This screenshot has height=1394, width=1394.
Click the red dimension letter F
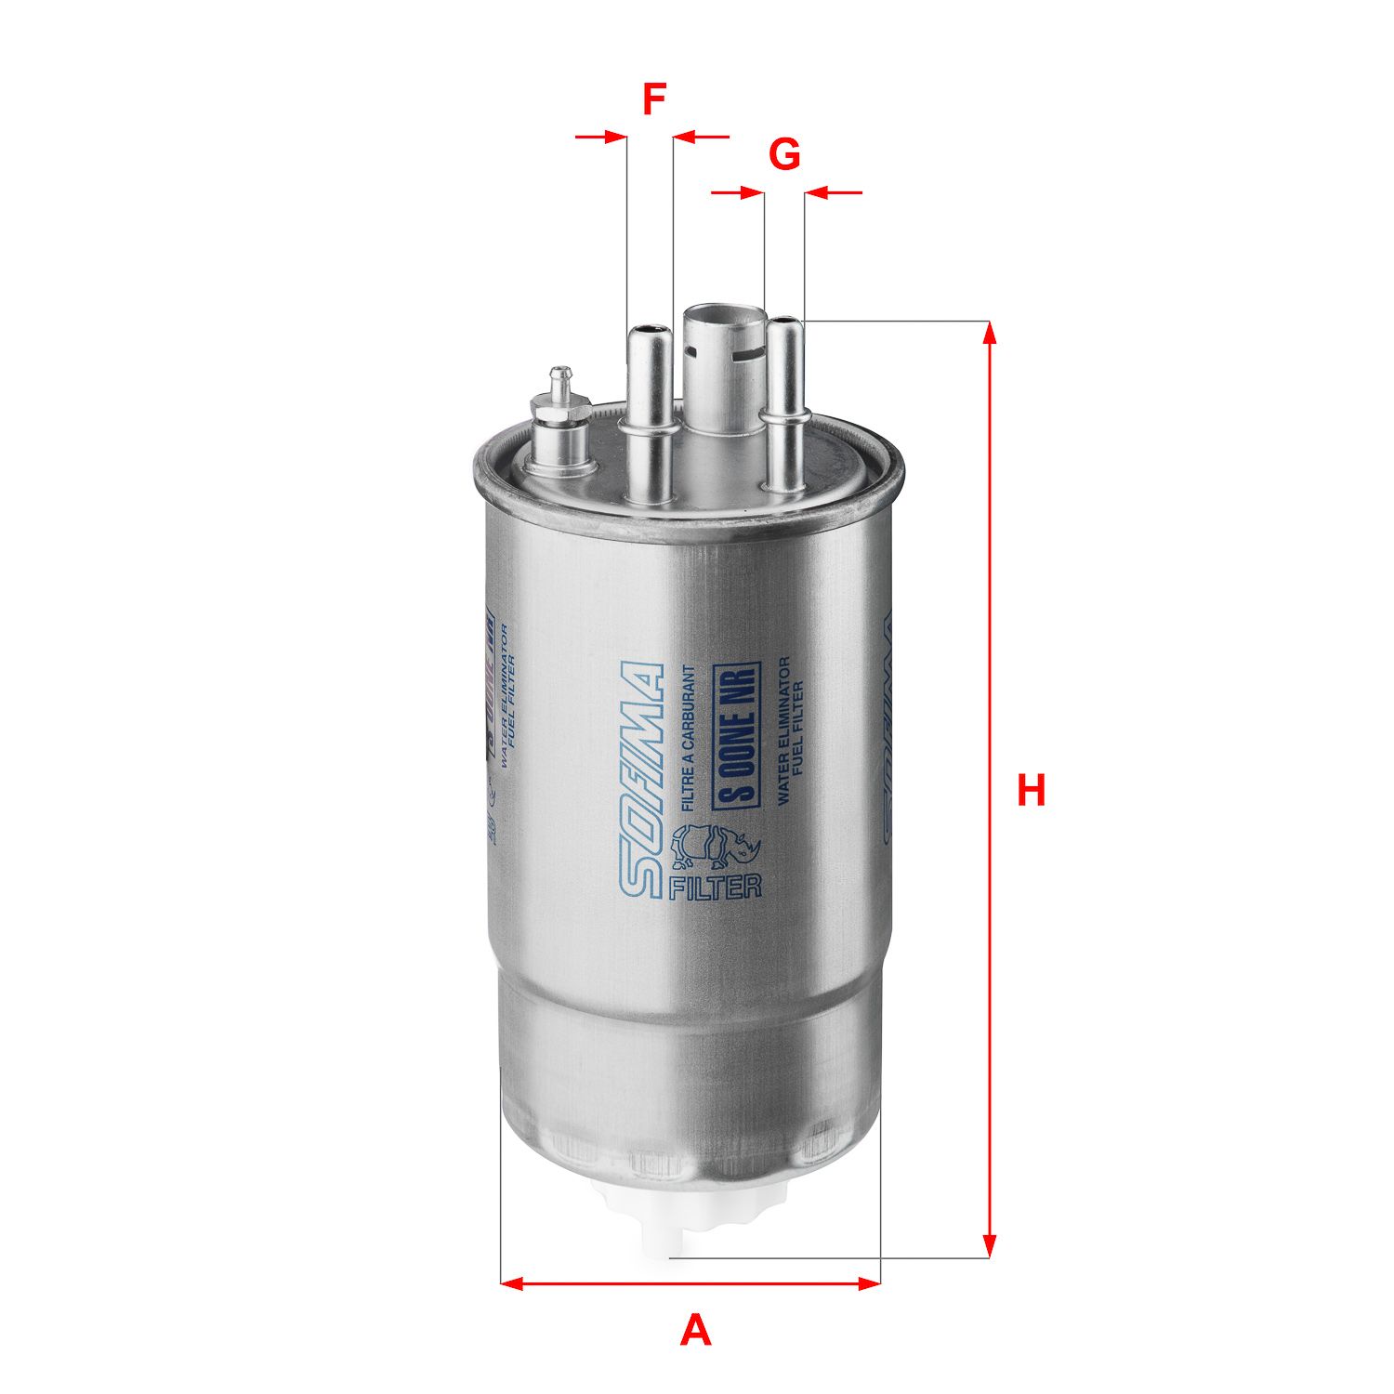point(654,99)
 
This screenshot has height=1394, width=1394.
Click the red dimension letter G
point(784,154)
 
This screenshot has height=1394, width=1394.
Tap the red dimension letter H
point(1031,790)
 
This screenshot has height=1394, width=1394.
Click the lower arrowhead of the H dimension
point(990,1245)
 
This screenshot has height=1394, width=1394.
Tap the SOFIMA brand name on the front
point(642,781)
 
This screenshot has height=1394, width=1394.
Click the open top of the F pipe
point(649,330)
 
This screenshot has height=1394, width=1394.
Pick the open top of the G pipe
point(784,322)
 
